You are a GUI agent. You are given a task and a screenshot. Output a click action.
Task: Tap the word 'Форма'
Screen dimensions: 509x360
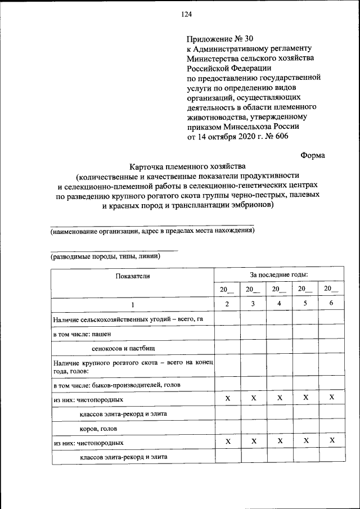pos(312,155)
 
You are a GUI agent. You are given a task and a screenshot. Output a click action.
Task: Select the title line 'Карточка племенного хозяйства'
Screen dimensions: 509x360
pos(188,167)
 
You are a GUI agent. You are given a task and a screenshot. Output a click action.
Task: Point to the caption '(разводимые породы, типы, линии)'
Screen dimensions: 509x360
pos(105,256)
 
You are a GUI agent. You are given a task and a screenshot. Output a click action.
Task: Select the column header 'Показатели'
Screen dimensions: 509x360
pos(133,276)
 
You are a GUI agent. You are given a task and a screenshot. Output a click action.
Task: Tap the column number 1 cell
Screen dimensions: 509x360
pos(133,304)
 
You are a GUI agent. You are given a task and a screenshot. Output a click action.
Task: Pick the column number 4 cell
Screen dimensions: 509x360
pos(279,304)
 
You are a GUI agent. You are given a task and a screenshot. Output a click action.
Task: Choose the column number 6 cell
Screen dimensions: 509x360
pos(331,304)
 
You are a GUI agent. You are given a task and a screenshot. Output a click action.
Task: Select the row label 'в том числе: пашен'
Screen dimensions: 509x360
pos(82,334)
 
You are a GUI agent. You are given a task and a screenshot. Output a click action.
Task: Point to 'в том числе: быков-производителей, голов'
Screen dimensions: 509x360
pos(117,385)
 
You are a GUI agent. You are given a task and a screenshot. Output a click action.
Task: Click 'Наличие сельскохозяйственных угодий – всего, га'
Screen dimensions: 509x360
pos(124,319)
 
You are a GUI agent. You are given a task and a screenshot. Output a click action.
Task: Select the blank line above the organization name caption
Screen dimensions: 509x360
pos(152,225)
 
